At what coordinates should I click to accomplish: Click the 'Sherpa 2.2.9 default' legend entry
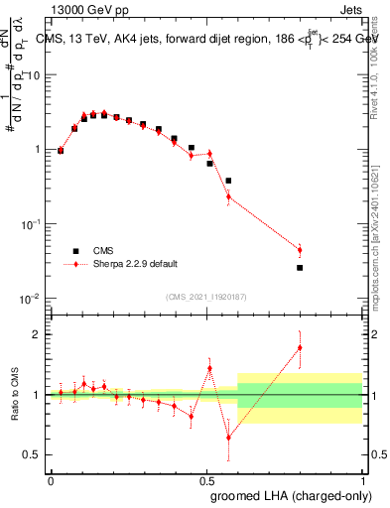pos(127,265)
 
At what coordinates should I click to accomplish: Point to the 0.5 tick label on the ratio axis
pos(35,454)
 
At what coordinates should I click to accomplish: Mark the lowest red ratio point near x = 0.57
pos(228,438)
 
